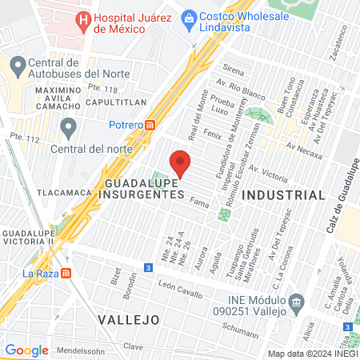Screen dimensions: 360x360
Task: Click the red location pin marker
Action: (x=181, y=162)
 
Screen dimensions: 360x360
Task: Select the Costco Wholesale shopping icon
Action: (x=190, y=17)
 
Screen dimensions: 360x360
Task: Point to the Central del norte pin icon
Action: (x=69, y=126)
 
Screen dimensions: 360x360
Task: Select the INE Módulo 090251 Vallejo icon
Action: (x=297, y=302)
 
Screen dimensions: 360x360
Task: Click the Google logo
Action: (x=26, y=350)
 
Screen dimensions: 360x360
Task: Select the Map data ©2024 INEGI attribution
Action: (x=312, y=353)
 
